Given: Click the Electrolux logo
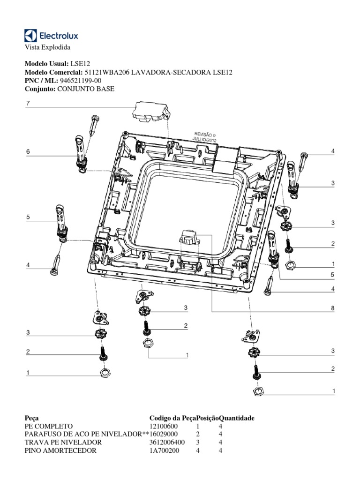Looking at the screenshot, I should pos(51,36).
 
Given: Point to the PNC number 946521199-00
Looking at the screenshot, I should pos(81,80).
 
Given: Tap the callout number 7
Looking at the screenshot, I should pos(28,104).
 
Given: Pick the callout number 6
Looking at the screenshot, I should pos(28,152).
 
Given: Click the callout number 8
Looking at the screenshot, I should pos(332,308).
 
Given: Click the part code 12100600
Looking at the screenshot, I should pos(164,426).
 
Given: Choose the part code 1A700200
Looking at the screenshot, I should pos(164,450).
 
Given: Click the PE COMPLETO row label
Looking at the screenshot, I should pos(48,426).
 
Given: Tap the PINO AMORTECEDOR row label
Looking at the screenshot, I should pos(60,450).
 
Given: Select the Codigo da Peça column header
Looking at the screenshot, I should pos(172,418).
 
